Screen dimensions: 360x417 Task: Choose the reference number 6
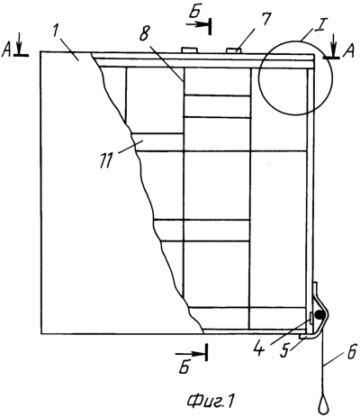[x=353, y=350]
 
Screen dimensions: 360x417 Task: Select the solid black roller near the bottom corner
[x=319, y=314]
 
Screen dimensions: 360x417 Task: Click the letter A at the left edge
[x=7, y=51]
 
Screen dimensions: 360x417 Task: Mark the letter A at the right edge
[x=348, y=52]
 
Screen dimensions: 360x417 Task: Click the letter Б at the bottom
[x=184, y=367]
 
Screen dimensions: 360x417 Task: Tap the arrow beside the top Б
[x=198, y=25]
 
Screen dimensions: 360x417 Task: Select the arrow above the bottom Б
[x=191, y=354]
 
